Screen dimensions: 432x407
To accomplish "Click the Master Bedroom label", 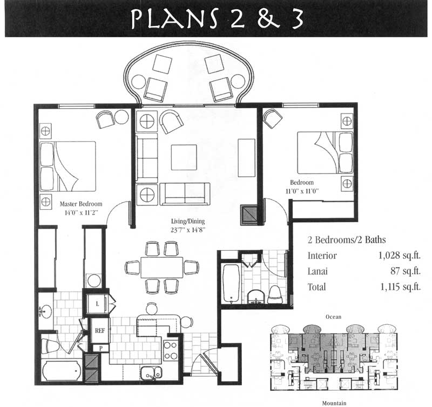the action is pyautogui.click(x=81, y=204).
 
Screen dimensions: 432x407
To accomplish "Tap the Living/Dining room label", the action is pyautogui.click(x=188, y=221).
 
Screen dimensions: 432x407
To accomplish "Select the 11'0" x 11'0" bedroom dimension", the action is pyautogui.click(x=302, y=191).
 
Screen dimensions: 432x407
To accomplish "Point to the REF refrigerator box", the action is pyautogui.click(x=100, y=331).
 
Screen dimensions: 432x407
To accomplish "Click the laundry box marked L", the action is pyautogui.click(x=97, y=304).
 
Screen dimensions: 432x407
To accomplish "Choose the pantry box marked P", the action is pyautogui.click(x=100, y=348).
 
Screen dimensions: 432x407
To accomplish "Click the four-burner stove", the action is pyautogui.click(x=171, y=350).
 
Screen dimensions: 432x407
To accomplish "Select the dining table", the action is pyautogui.click(x=161, y=268).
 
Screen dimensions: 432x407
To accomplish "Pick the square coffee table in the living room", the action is pyautogui.click(x=184, y=157).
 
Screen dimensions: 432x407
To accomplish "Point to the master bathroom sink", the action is pyautogui.click(x=45, y=311).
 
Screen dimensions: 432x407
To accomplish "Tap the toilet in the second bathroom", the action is pyautogui.click(x=274, y=295).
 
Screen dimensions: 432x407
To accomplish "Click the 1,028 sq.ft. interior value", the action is pyautogui.click(x=400, y=256).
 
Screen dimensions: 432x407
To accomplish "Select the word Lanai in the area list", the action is pyautogui.click(x=318, y=272).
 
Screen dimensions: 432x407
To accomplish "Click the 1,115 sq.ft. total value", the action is pyautogui.click(x=401, y=287).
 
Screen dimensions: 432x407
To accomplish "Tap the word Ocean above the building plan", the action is pyautogui.click(x=333, y=317).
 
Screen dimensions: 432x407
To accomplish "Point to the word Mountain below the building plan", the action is pyautogui.click(x=334, y=403).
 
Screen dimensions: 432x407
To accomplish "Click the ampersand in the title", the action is pyautogui.click(x=268, y=19).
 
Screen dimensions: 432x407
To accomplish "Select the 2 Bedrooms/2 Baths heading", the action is pyautogui.click(x=347, y=240).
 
